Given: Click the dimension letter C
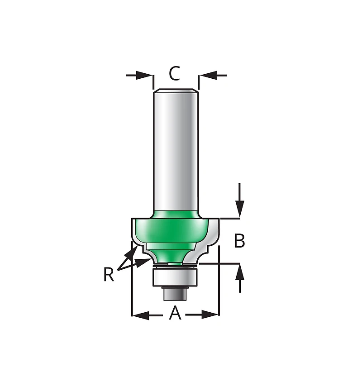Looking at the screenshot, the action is click(x=174, y=73).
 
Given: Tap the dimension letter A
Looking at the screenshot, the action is click(x=175, y=313).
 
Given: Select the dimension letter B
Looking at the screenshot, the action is click(x=239, y=241).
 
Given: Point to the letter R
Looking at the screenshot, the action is click(x=109, y=274).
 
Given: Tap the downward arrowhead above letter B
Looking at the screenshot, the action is click(x=239, y=209).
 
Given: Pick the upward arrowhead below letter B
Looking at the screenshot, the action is click(x=240, y=272).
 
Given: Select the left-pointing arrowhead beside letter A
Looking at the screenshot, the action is click(x=141, y=315).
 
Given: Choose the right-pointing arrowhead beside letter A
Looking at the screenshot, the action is click(x=210, y=315).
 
